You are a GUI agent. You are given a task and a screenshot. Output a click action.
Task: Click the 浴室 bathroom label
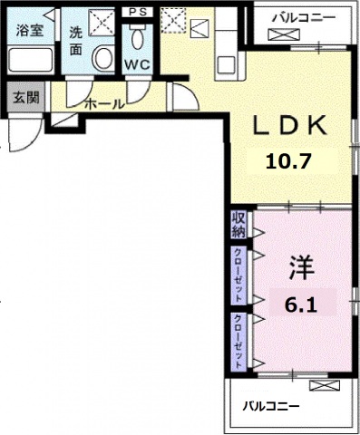point(30,31)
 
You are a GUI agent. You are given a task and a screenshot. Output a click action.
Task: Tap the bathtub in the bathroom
point(31,60)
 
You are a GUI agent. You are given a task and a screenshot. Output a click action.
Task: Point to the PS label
point(138,13)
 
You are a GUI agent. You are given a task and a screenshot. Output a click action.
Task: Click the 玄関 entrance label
point(26,98)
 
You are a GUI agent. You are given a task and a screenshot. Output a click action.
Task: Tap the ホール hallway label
point(104,104)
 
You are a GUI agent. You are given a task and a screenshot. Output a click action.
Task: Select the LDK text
point(290,125)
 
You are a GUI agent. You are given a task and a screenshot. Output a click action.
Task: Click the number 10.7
point(288,161)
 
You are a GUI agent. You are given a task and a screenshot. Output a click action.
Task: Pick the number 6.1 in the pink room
point(300,305)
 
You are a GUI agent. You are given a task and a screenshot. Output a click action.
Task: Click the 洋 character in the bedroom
point(301,267)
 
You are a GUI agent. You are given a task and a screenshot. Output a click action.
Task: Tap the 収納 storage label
point(238,225)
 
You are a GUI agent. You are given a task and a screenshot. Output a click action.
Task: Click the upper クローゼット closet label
point(238,275)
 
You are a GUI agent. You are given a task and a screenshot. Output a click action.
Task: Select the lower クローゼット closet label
point(238,342)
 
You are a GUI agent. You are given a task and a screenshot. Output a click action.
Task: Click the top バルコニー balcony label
point(304,17)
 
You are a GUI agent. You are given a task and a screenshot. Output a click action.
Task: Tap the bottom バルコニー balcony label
point(271,406)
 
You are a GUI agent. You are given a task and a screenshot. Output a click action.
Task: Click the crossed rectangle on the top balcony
point(284,34)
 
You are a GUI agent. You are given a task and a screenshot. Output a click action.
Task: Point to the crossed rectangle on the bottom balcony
point(325,385)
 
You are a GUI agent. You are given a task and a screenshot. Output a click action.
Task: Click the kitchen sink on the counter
point(227,64)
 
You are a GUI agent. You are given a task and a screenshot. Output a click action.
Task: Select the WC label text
point(138,64)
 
